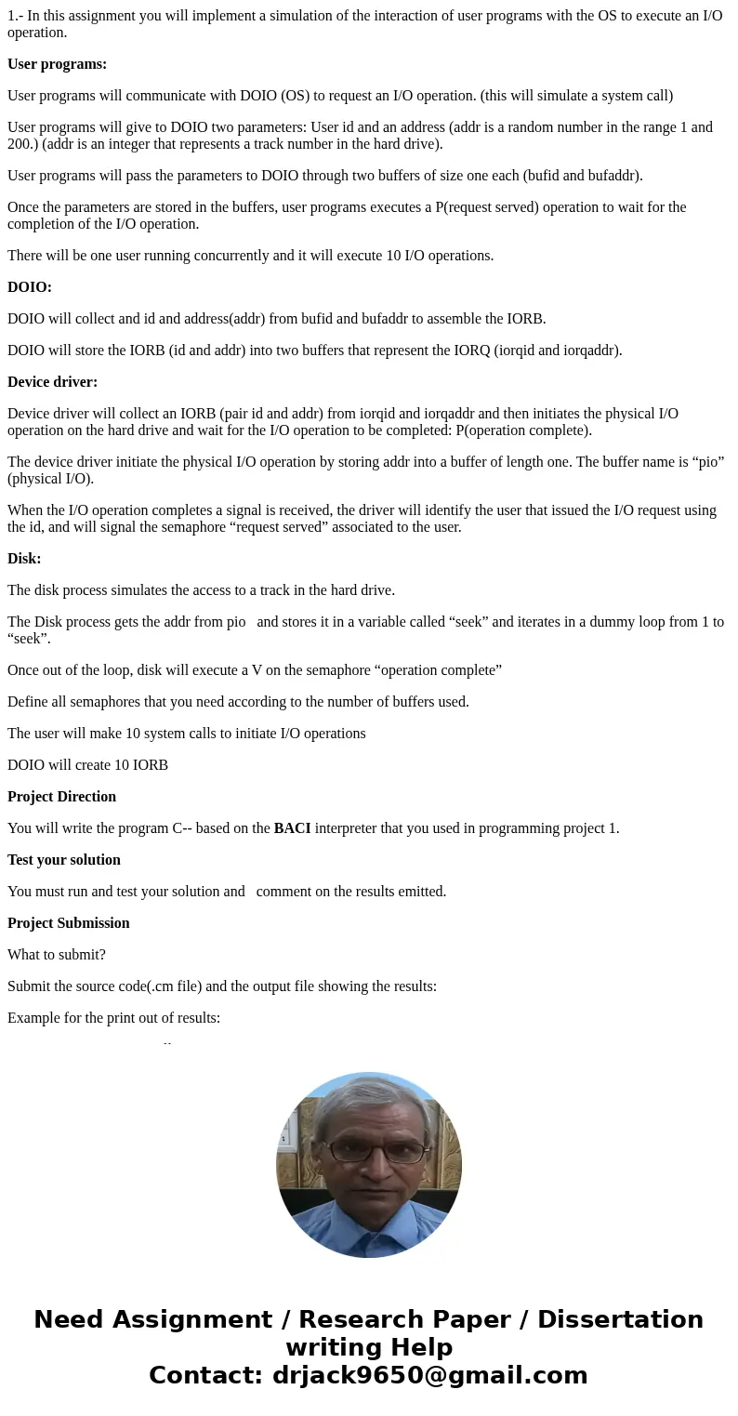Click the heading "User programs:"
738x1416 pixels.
(57, 64)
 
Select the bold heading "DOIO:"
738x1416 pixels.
(30, 287)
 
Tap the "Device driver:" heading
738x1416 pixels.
(52, 382)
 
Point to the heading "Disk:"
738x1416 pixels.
(24, 559)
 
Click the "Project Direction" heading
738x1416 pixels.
(61, 797)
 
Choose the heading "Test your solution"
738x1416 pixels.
(64, 860)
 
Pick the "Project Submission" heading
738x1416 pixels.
(68, 923)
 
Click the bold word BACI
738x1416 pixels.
(292, 828)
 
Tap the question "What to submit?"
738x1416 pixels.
(57, 955)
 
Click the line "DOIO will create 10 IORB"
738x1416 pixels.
(87, 765)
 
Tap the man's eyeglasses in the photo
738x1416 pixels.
(369, 1152)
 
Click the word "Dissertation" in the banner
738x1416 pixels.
(620, 1319)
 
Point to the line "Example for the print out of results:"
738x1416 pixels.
(113, 1018)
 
